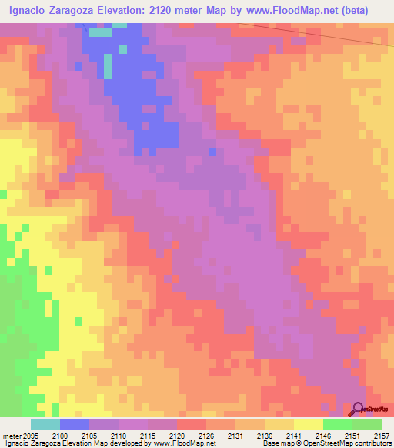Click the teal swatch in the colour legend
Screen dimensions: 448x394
pos(45,424)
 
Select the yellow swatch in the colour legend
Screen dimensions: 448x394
pos(309,424)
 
